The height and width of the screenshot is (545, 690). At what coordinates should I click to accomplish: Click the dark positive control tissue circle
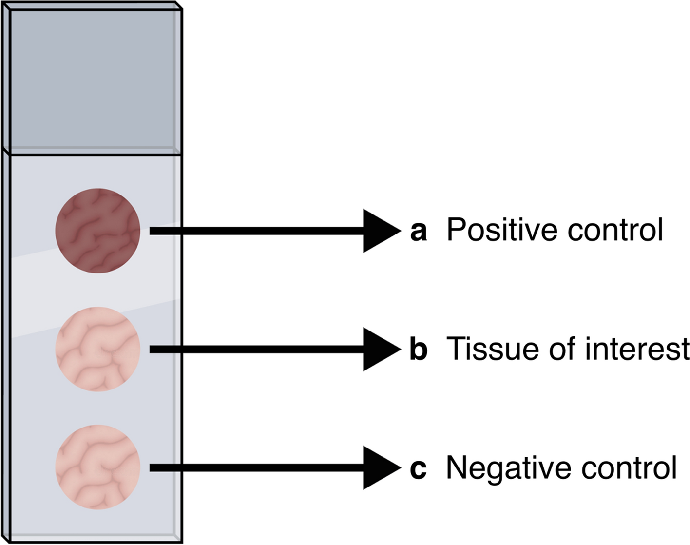[x=97, y=231]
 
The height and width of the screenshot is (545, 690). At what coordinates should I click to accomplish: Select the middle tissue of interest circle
[x=97, y=349]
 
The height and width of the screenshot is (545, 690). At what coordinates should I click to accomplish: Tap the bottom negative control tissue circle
[x=97, y=467]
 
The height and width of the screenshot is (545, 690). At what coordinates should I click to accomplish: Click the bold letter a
[x=419, y=231]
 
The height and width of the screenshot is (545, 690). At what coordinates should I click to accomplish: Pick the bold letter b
[x=419, y=349]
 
